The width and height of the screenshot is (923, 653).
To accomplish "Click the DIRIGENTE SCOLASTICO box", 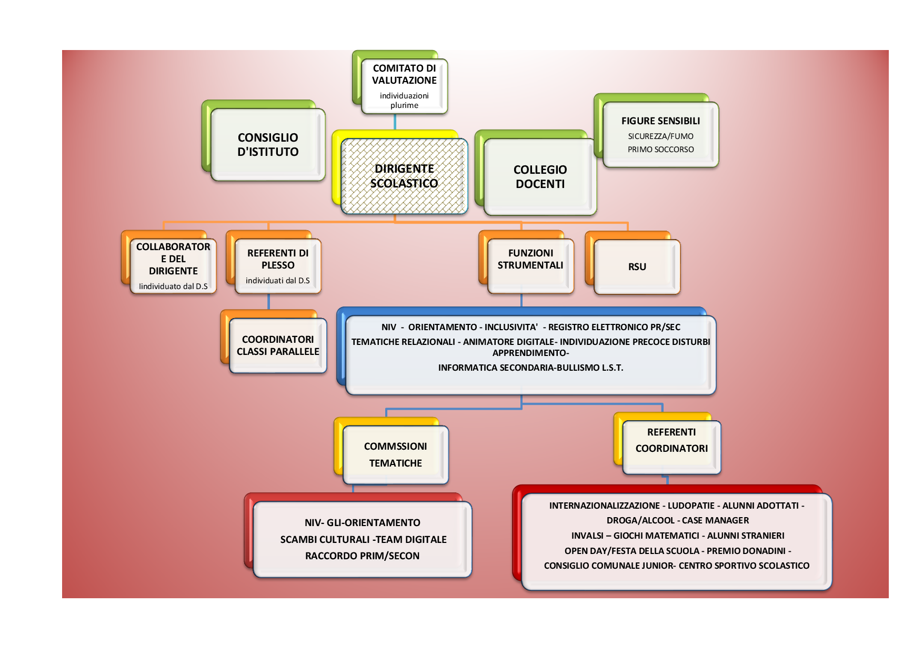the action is [x=404, y=176].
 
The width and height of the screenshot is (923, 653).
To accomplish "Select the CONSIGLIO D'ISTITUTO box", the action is [x=268, y=145].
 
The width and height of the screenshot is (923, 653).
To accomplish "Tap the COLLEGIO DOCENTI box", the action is [x=540, y=177].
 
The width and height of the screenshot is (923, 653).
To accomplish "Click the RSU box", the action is [x=637, y=266].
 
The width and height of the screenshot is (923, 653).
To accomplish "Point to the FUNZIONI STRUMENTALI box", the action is [x=530, y=266].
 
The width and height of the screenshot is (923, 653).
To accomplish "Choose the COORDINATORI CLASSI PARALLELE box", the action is [x=278, y=345].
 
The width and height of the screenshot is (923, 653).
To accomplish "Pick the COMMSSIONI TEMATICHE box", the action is [x=396, y=454].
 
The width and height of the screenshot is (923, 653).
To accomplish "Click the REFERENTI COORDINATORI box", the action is [x=671, y=447].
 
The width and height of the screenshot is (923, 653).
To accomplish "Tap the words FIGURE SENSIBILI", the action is [x=660, y=121].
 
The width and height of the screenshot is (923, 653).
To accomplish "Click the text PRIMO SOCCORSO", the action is [x=660, y=150].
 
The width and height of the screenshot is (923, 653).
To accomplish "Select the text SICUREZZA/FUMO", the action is [x=660, y=136].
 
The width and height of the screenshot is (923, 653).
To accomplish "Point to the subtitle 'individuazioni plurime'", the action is [x=404, y=100].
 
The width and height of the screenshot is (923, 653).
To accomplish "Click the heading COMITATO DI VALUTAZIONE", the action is [x=404, y=74].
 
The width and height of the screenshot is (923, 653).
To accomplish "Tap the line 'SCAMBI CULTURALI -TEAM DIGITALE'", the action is [x=363, y=539].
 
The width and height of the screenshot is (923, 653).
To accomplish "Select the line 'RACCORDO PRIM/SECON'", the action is [x=362, y=556].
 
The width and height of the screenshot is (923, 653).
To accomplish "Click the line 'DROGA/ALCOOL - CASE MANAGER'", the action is [x=677, y=520].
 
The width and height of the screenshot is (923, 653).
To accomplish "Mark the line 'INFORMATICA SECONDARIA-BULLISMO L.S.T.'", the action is [x=530, y=368].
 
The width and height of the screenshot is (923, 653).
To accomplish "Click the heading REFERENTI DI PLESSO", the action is [x=278, y=259].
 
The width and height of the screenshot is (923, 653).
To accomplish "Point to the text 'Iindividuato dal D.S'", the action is [x=173, y=286].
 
